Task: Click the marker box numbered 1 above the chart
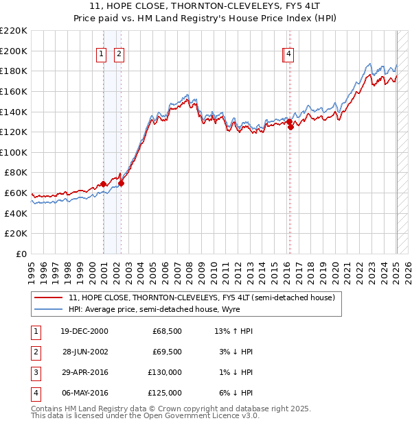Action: pyautogui.click(x=101, y=55)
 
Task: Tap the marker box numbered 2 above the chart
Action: pyautogui.click(x=119, y=55)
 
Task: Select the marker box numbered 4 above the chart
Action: pyautogui.click(x=289, y=55)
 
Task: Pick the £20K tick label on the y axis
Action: pyautogui.click(x=16, y=234)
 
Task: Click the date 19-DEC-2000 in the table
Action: pyautogui.click(x=83, y=331)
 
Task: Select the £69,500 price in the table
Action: pyautogui.click(x=167, y=352)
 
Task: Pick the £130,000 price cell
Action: pyautogui.click(x=165, y=372)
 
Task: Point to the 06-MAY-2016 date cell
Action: pyautogui.click(x=83, y=393)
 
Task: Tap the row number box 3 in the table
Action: pyautogui.click(x=34, y=372)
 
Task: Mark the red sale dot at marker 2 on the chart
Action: pyautogui.click(x=122, y=183)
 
